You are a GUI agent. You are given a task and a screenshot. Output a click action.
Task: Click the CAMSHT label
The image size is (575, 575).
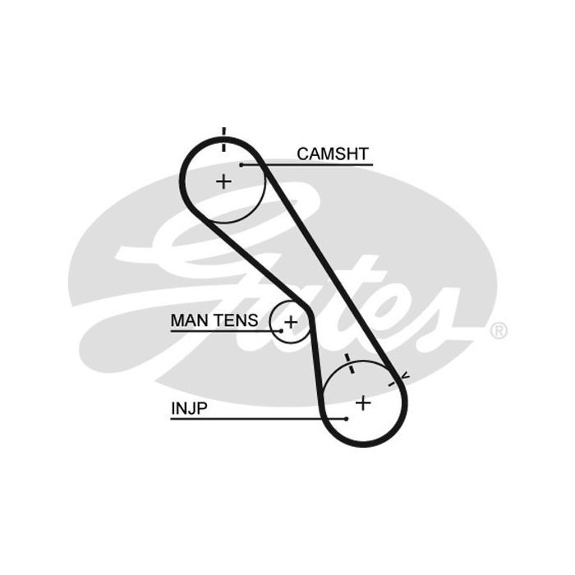pyautogui.click(x=333, y=154)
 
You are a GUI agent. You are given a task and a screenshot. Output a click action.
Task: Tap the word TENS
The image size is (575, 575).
pyautogui.click(x=237, y=320)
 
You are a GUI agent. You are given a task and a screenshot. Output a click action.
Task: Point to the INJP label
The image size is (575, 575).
pyautogui.click(x=189, y=408)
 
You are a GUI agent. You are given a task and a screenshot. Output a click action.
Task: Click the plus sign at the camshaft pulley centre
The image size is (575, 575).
pyautogui.click(x=223, y=182)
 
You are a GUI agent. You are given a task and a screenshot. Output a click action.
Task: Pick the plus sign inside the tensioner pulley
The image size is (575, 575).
pyautogui.click(x=291, y=322)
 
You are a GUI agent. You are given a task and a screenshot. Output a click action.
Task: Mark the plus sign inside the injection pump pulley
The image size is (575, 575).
pyautogui.click(x=363, y=403)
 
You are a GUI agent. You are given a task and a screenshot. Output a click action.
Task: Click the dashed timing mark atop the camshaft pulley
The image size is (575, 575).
pyautogui.click(x=224, y=140)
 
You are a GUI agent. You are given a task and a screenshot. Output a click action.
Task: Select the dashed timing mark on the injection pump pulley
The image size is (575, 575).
pyautogui.click(x=349, y=363)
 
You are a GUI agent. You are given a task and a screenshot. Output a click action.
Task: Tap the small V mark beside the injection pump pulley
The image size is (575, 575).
pyautogui.click(x=405, y=375)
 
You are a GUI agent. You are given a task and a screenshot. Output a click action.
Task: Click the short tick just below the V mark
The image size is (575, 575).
pyautogui.click(x=392, y=384)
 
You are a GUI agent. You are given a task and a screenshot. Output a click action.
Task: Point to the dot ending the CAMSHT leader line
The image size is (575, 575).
pyautogui.click(x=241, y=165)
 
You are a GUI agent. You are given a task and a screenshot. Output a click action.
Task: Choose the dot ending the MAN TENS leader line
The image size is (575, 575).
pyautogui.click(x=281, y=331)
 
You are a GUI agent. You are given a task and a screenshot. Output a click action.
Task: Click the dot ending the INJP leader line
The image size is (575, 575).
pyautogui.click(x=347, y=419)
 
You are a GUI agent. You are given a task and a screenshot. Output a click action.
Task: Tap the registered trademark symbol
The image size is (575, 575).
pyautogui.click(x=499, y=331)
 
